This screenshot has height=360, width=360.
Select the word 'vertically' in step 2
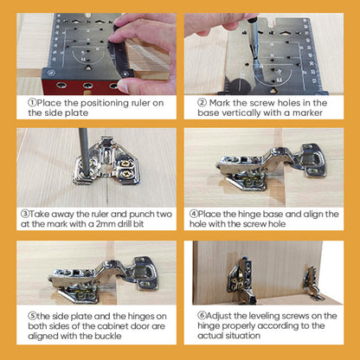click(x=231, y=112)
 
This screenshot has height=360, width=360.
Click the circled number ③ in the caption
click(x=22, y=211)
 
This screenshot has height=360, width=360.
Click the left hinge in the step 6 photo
click(x=238, y=281)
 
